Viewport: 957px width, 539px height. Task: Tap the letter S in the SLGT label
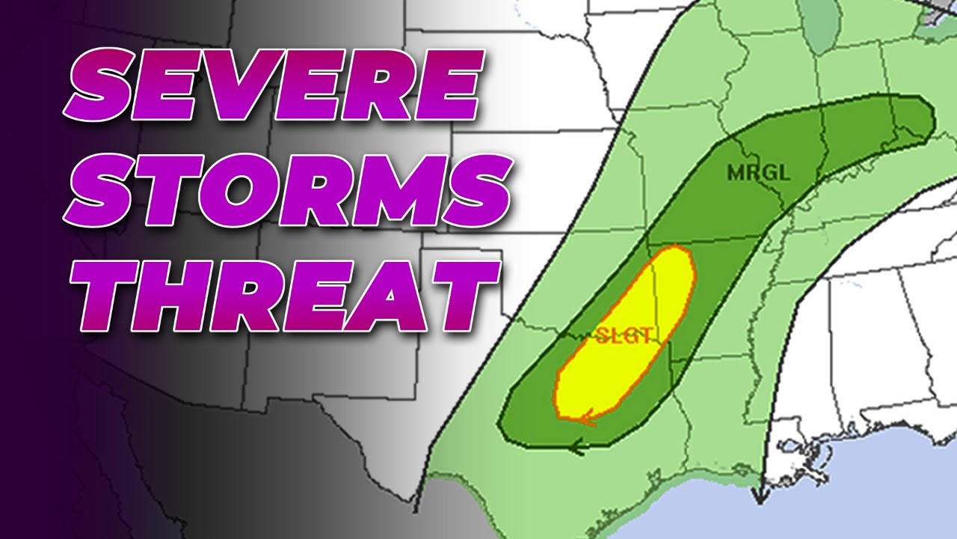[x=603, y=336]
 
